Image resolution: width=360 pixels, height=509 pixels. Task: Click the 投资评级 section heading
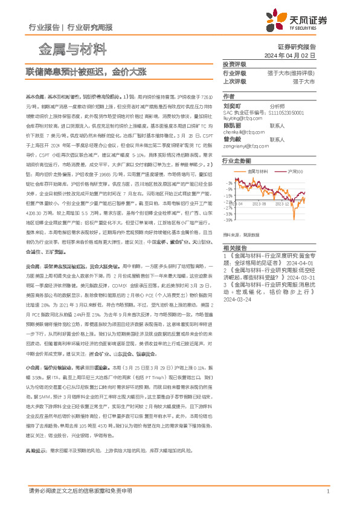pos(234,64)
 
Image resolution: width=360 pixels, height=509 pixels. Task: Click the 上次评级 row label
pos(234,80)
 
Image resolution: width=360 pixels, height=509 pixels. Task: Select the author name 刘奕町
pos(233,105)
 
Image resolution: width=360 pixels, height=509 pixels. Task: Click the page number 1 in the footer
pos(327,492)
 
